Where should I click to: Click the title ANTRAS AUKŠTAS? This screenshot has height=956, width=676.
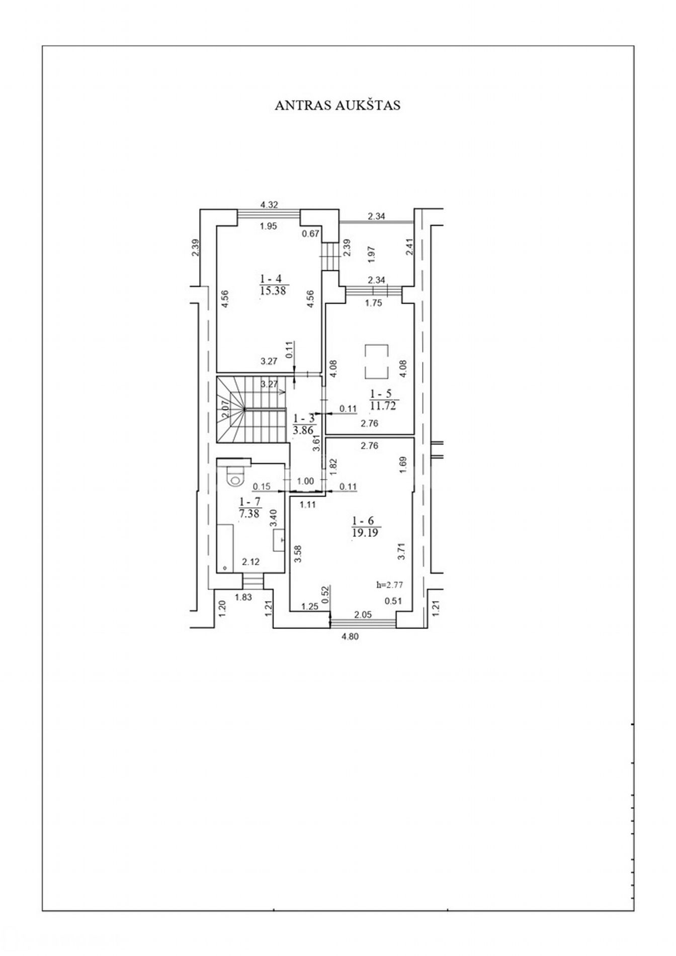tap(337, 105)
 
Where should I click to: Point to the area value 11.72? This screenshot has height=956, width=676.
tap(383, 406)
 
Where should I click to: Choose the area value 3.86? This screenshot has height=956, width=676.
tap(303, 430)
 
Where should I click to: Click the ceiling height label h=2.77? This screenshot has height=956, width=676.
tap(390, 585)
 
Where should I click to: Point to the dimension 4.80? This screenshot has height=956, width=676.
tap(350, 636)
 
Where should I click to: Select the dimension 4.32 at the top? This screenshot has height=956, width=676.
tap(269, 204)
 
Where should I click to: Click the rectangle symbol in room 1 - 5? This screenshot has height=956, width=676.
tap(376, 362)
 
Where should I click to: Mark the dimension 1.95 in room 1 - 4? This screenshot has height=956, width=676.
tap(269, 226)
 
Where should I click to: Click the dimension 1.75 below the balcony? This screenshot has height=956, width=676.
tap(374, 303)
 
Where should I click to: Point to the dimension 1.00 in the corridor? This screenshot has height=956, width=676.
tap(305, 481)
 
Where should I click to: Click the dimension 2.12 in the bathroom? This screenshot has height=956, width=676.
tap(250, 562)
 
